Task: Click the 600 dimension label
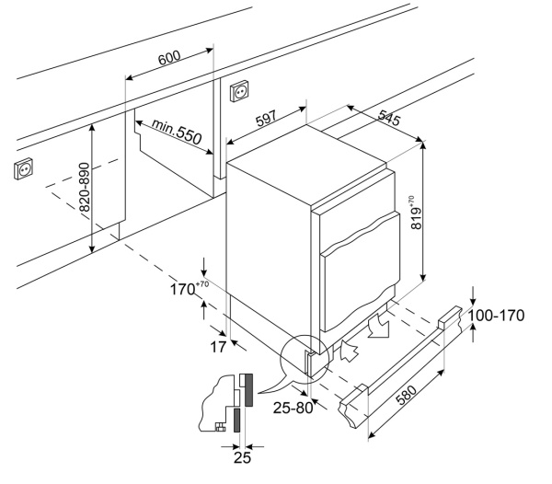pos(168,59)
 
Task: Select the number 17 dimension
pos(219,347)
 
